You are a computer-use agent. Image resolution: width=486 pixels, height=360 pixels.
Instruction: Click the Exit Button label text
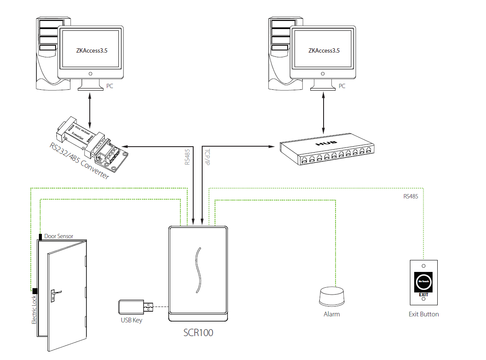tap(424, 314)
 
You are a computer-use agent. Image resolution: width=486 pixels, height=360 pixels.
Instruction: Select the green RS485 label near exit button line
tap(411, 197)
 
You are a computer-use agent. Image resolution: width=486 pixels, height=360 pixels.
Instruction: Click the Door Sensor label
tap(59, 236)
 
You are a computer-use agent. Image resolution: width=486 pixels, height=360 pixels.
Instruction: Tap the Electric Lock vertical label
tap(34, 310)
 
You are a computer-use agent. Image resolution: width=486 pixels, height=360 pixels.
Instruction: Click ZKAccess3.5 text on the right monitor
tap(324, 50)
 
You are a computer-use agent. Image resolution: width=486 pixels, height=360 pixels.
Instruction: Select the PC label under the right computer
tap(342, 86)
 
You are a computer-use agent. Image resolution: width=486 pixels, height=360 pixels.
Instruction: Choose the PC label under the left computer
tap(110, 86)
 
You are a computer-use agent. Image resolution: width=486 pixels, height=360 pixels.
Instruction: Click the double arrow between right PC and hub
tap(323, 115)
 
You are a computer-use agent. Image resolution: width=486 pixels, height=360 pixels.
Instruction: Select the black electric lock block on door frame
tap(35, 291)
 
